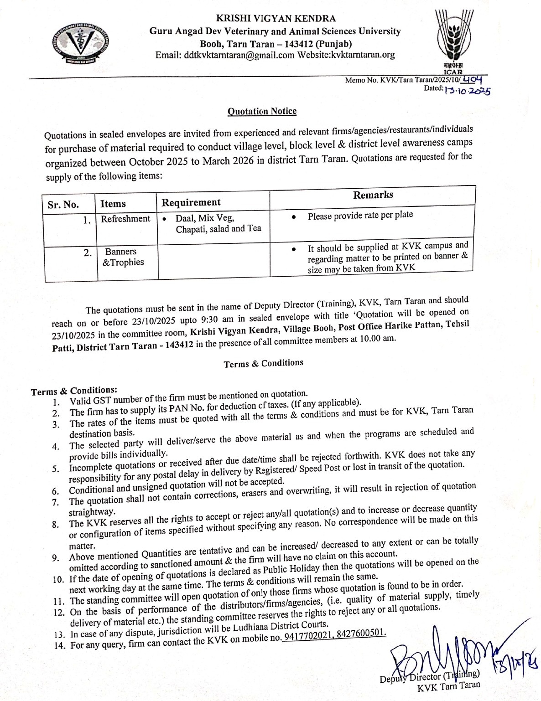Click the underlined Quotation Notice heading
point(262,111)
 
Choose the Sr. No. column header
point(63,204)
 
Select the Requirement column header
point(191,202)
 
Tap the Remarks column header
point(373,195)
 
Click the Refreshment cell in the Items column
point(125,219)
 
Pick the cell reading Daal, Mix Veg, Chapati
point(218,223)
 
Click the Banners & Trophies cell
point(122,257)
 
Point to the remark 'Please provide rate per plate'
point(360,215)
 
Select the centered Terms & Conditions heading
point(263,363)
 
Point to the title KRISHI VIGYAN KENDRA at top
point(276,19)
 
